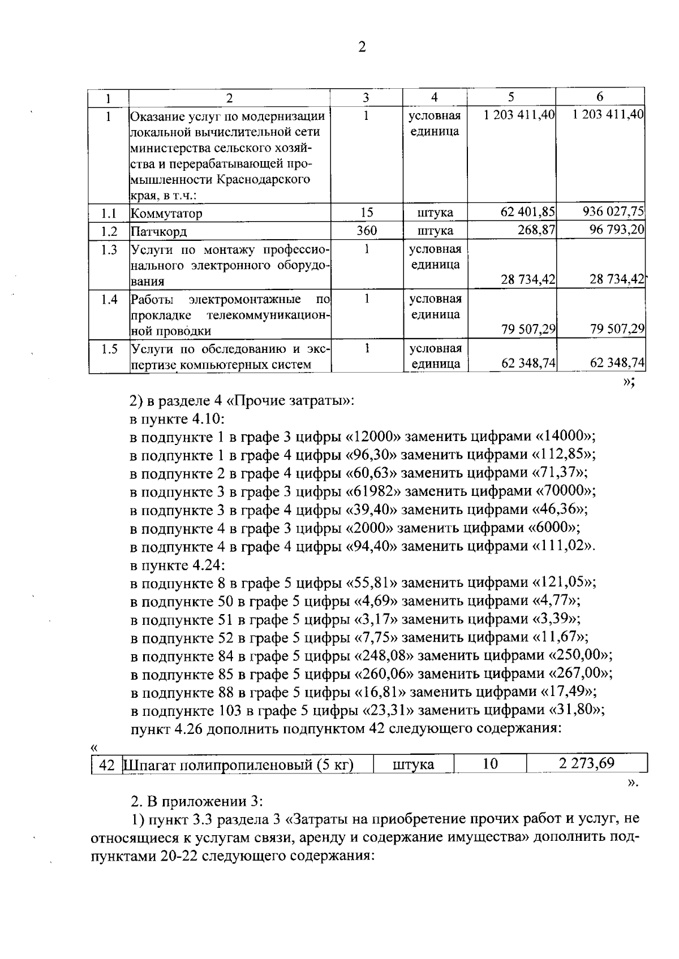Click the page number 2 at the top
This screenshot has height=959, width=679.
pos(362,47)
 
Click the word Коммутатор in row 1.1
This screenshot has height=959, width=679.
pos(166,214)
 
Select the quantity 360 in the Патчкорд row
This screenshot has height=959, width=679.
pos(366,231)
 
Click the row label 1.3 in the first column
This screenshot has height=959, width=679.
pos(109,250)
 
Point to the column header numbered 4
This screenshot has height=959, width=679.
pos(434,97)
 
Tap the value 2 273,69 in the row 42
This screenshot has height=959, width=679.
pos(586,764)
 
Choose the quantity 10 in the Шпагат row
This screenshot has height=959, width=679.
pos(490,764)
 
